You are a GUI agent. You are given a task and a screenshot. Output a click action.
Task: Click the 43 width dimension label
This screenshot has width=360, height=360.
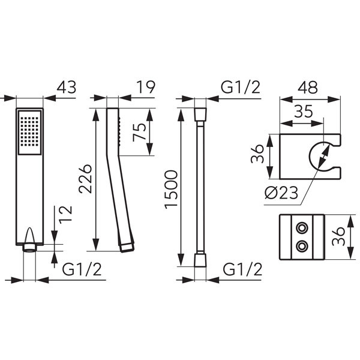coord(66,88)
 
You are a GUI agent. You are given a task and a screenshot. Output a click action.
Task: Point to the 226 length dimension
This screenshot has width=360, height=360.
coord(86,178)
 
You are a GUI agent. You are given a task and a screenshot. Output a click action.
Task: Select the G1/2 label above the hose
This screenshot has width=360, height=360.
coord(241,88)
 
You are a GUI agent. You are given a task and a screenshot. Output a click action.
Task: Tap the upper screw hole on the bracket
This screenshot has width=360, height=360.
coord(301,229)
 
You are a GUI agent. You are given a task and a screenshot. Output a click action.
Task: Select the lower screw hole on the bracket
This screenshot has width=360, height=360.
coord(301,245)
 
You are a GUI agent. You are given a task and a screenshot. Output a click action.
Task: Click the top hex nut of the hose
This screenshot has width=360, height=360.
coord(200,113)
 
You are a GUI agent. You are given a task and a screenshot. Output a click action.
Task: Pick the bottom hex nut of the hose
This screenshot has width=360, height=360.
coord(200,260)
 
